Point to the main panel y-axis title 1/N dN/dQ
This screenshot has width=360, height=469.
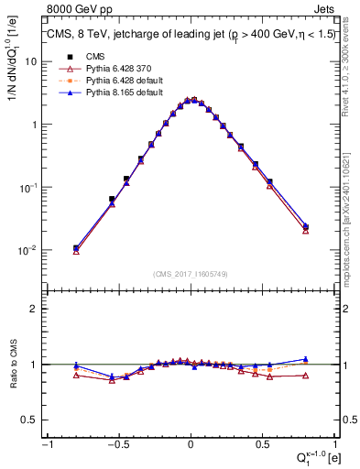click(x=12, y=64)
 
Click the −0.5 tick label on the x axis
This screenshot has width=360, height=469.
click(x=117, y=444)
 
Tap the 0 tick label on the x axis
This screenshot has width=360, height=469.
click(x=191, y=444)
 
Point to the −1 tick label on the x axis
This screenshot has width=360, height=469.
click(x=46, y=444)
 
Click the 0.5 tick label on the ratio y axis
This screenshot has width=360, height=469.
click(x=28, y=420)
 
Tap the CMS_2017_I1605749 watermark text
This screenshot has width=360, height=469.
click(x=191, y=274)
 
